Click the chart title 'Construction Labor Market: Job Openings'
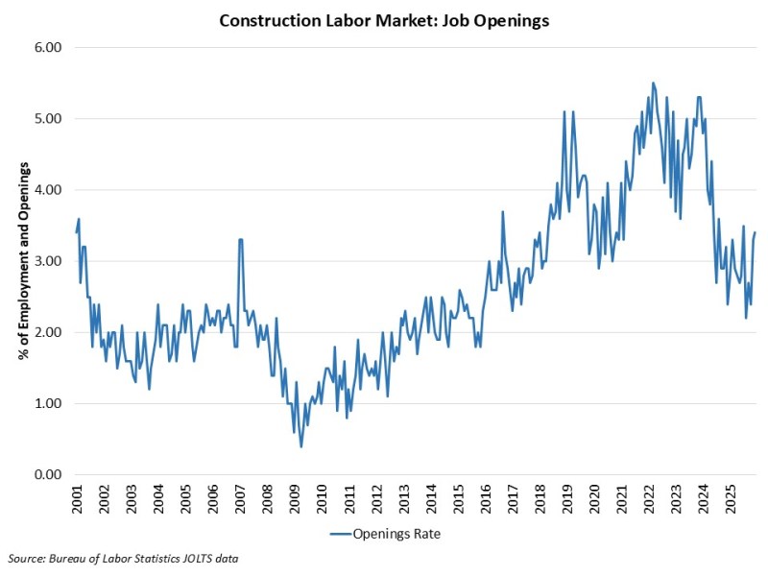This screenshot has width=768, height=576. pos(384,21)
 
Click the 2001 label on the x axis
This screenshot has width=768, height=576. pos(78,503)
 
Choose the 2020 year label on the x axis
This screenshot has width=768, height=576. pos(597,503)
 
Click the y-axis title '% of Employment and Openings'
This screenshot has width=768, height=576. pos(22,260)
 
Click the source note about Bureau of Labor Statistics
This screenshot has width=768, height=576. pos(122,558)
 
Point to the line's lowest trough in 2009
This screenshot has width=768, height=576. pos(300,446)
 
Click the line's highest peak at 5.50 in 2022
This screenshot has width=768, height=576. pos(653,84)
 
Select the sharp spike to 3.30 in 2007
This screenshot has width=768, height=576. pos(240,240)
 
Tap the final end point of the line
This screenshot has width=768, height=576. pos(756,232)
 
